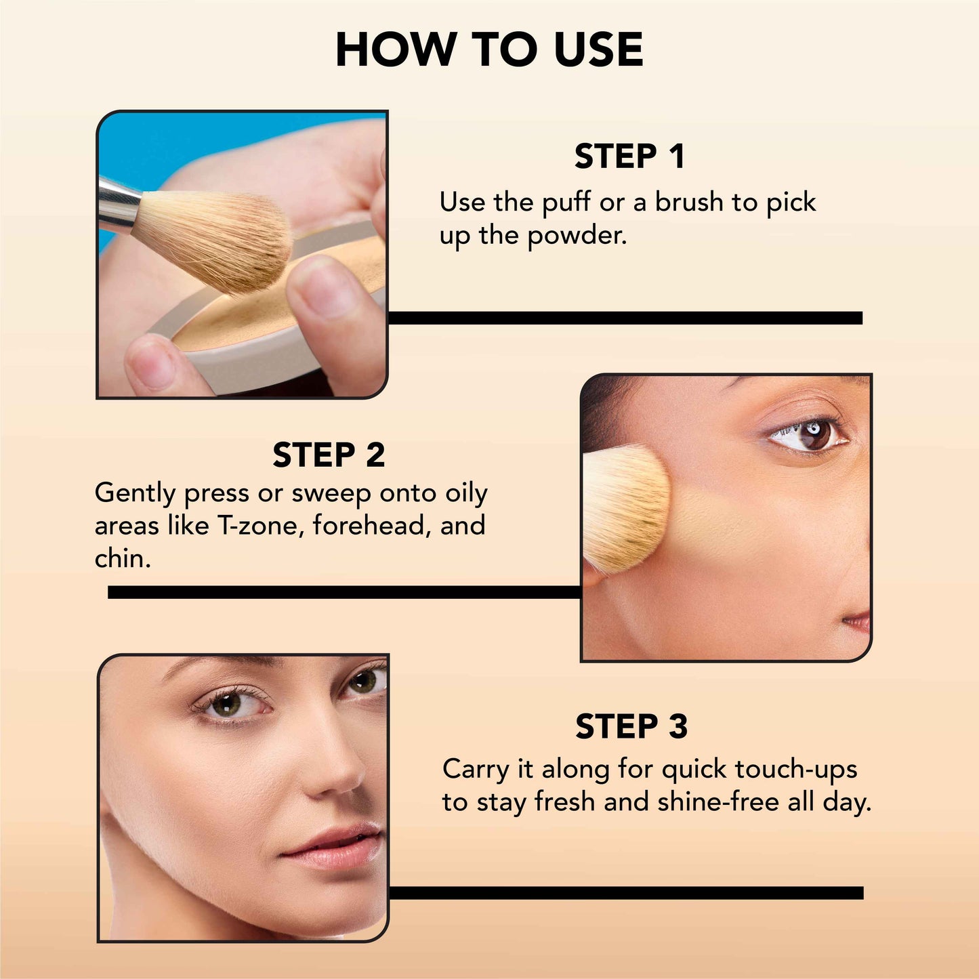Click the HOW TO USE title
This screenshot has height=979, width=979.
(x=489, y=50)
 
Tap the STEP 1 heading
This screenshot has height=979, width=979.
(x=629, y=157)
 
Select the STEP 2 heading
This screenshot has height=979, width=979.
(x=329, y=455)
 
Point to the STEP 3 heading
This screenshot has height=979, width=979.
(x=631, y=727)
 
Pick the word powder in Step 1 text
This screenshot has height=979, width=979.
(x=577, y=236)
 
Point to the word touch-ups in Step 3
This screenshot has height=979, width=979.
(x=796, y=770)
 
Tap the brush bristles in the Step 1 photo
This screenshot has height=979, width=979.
(x=217, y=237)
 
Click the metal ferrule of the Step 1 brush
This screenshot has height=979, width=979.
(x=117, y=203)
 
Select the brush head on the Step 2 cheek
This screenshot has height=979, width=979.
(x=623, y=508)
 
